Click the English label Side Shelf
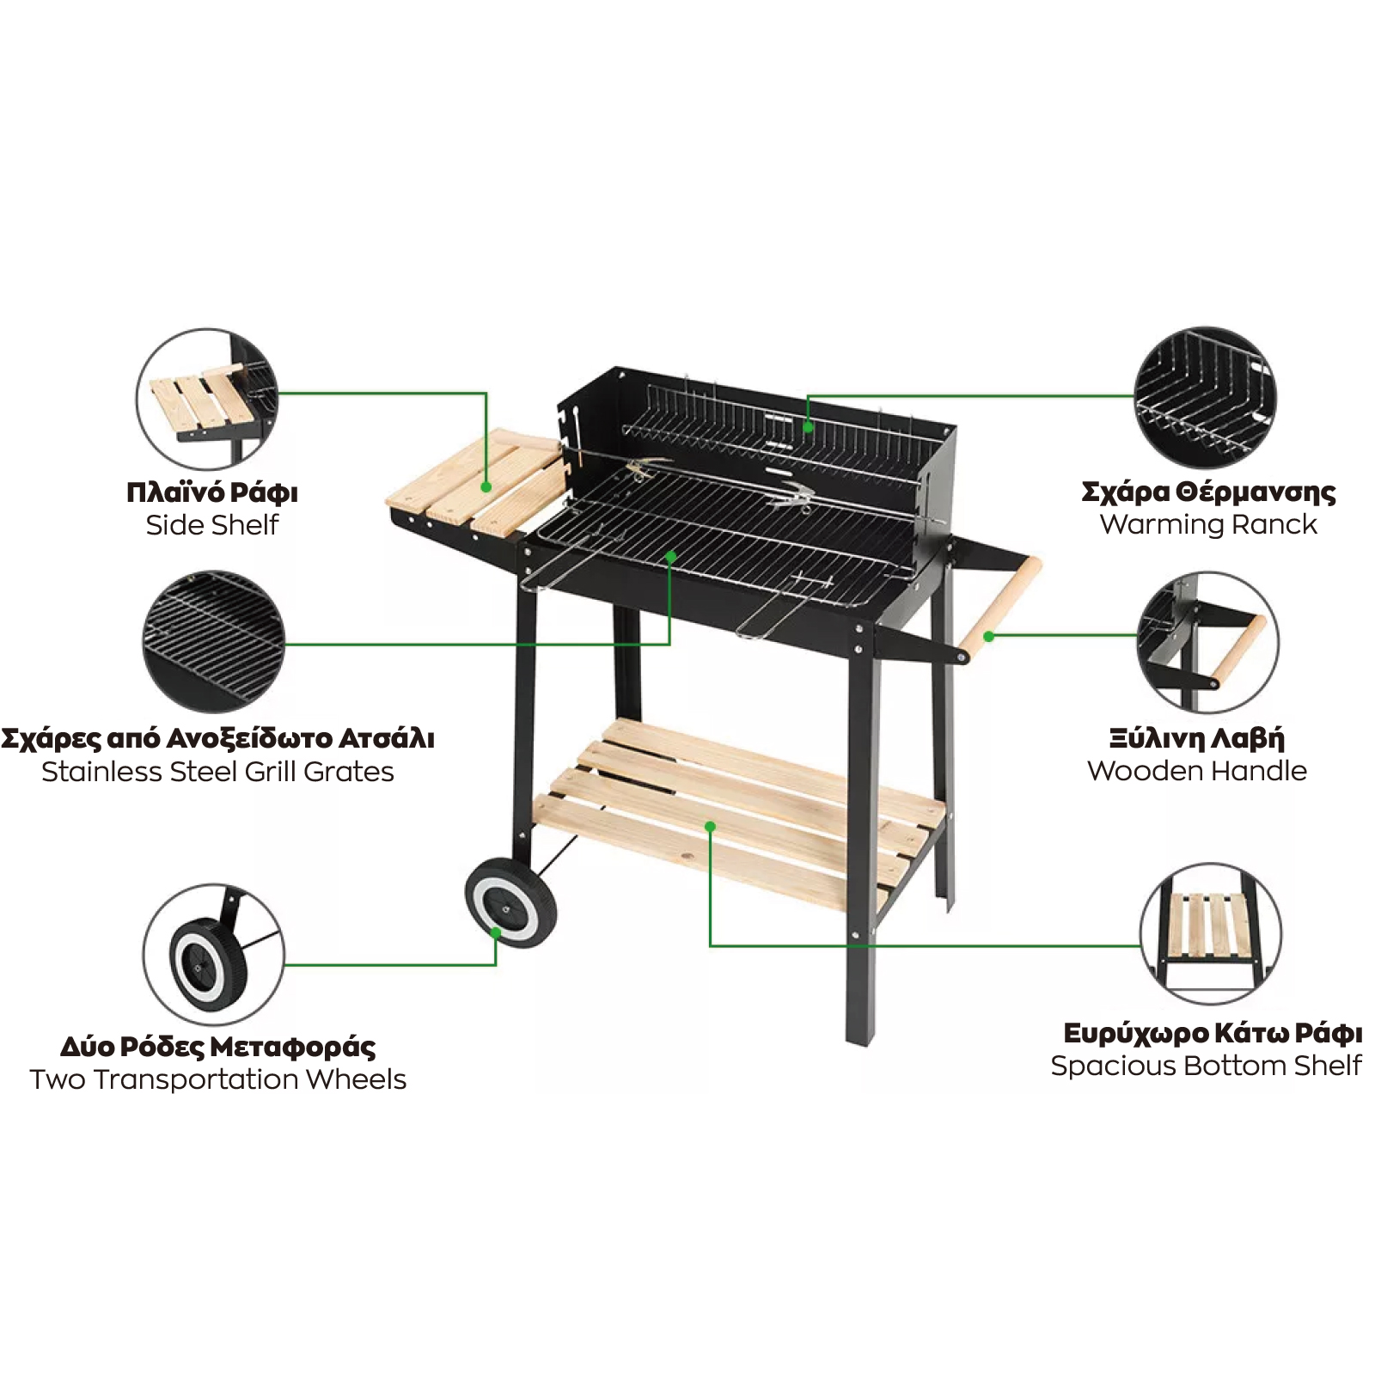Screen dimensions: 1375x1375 coord(212,524)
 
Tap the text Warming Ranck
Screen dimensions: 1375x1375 coord(1208,524)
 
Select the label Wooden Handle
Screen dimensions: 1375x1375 coord(1197,771)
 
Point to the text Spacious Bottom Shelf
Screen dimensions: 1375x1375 coord(1206,1066)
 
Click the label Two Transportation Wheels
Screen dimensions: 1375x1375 coord(217,1079)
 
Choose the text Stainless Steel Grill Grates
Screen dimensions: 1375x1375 coord(217,772)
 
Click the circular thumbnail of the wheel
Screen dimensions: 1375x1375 coord(213,954)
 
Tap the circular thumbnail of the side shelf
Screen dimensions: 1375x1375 coord(207,399)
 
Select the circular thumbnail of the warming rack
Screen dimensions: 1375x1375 coord(1205,397)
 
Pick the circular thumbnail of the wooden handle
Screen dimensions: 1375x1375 coord(1207,643)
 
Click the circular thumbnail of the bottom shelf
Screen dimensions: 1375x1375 coord(1211,934)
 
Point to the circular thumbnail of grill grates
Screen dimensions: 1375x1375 coord(213,642)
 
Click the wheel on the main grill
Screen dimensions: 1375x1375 coord(510,901)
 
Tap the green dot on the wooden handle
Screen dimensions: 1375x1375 coord(989,637)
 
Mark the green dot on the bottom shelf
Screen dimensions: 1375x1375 coord(710,827)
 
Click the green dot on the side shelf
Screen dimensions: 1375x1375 coord(486,487)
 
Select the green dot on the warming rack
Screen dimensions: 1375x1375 coord(808,427)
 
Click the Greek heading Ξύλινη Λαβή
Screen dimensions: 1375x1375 coord(1196,739)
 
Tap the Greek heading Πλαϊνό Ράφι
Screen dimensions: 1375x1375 coord(212,492)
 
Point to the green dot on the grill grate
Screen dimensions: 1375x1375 coord(671,558)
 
